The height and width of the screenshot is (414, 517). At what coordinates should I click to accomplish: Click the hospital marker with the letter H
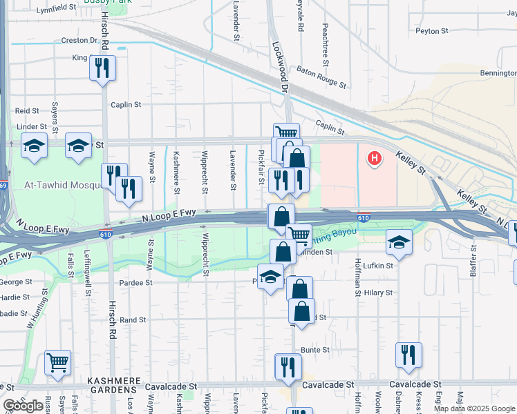click(374, 159)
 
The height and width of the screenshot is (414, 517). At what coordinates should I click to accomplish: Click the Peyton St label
click(431, 31)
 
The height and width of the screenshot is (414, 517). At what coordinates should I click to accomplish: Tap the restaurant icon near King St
click(102, 68)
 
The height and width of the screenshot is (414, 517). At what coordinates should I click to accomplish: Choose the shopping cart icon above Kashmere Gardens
click(57, 361)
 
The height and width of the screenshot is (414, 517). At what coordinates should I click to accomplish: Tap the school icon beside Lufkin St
click(399, 242)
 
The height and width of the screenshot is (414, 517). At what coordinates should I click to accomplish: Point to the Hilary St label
click(378, 293)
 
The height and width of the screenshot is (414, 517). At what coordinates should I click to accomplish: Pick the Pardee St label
click(135, 282)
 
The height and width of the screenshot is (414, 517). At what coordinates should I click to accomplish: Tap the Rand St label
click(133, 320)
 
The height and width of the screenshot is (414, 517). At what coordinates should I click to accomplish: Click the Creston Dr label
click(79, 41)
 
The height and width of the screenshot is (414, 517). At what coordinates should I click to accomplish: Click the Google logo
click(23, 406)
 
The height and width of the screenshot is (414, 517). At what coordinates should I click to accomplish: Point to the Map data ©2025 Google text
click(473, 408)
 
